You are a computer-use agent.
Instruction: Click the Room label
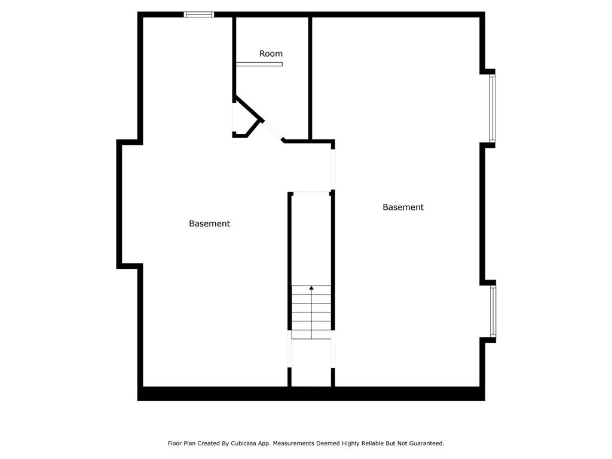click(271, 53)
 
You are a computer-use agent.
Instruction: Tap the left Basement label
click(210, 224)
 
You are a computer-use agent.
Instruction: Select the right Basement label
click(403, 207)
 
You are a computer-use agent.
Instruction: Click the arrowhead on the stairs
click(311, 288)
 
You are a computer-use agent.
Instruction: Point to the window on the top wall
click(199, 15)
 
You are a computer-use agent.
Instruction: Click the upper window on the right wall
click(492, 108)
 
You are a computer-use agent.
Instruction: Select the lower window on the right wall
click(493, 311)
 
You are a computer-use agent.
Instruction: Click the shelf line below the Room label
click(259, 64)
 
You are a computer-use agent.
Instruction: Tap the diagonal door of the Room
click(273, 131)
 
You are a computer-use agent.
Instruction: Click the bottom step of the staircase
click(311, 335)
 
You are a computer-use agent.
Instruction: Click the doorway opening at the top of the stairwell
click(311, 192)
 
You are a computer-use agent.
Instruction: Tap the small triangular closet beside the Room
click(244, 119)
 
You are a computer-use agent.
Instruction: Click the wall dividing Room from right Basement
click(310, 78)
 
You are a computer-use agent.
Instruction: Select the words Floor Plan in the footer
click(182, 443)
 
